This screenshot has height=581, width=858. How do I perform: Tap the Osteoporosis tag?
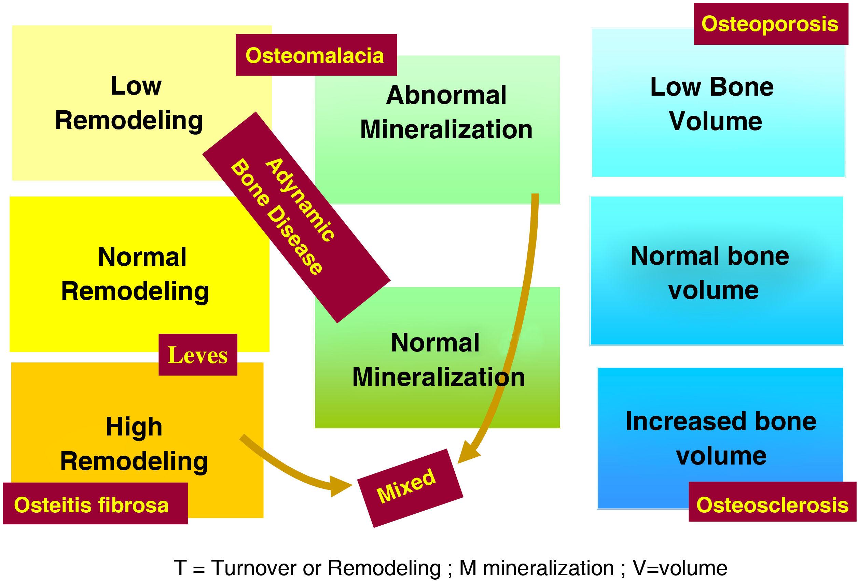click(770, 24)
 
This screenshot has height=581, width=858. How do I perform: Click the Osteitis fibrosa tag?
click(92, 504)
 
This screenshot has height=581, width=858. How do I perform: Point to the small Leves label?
click(197, 355)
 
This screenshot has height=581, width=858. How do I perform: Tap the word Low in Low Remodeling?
click(136, 86)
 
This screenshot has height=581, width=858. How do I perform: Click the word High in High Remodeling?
click(134, 427)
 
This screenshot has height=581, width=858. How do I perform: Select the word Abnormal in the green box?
click(446, 96)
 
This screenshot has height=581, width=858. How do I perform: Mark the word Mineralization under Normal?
click(439, 377)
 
